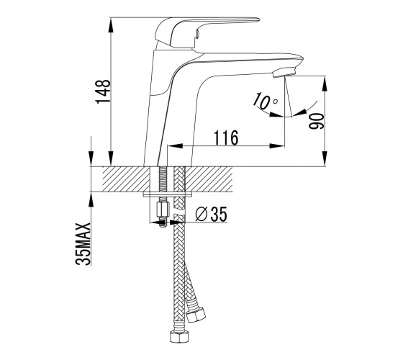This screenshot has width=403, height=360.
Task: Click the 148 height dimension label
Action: pos(103,91)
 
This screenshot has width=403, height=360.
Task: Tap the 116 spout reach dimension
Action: pos(226,138)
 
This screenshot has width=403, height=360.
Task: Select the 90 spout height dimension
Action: pos(317,122)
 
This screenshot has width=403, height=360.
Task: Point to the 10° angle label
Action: pos(265,100)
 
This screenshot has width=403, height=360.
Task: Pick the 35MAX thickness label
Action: pos(83,244)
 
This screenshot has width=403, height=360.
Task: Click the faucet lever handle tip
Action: pos(258,19)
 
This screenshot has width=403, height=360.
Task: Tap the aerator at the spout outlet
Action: pos(284,72)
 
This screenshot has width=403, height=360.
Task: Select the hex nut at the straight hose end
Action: pos(179,337)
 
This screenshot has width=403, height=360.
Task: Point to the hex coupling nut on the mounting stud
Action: pos(163,210)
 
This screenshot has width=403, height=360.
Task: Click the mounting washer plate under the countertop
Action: pos(167,194)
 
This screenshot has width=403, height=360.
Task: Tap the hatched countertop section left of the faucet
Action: pos(126,179)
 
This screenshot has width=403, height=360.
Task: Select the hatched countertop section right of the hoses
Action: pos(209,179)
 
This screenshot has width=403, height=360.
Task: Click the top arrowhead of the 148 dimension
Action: pos(111,25)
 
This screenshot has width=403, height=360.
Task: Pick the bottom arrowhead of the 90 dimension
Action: pos(325,158)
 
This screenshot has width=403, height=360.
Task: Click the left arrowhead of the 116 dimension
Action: pos(175,145)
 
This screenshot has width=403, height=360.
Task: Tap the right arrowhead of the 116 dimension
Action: pos(277,145)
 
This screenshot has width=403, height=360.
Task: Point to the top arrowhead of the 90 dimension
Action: pos(325,84)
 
